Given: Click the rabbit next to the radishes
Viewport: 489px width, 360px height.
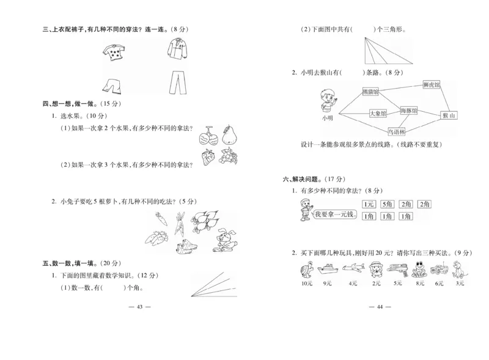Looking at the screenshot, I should click(226, 238).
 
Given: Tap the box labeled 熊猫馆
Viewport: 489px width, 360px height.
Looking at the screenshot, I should click(370, 92).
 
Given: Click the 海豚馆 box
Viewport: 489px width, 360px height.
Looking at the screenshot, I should click(409, 111).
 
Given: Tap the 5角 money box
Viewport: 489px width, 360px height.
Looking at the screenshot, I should click(387, 204).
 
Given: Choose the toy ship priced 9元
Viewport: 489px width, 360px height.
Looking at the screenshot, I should click(328, 268).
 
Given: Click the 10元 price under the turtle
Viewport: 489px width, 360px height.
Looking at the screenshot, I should click(307, 283).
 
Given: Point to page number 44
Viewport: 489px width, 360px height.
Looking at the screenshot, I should click(379, 307).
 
